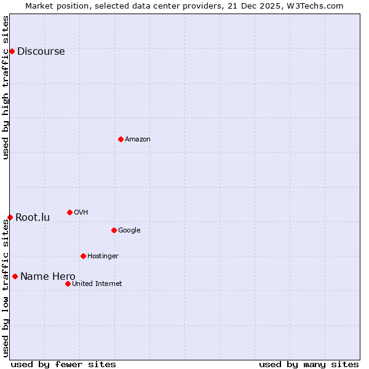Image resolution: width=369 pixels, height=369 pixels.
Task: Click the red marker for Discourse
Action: (12, 51)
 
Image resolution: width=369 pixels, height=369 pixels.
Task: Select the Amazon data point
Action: (121, 139)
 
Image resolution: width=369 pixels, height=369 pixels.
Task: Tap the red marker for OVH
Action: (69, 212)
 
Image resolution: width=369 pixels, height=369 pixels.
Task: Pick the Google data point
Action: (114, 230)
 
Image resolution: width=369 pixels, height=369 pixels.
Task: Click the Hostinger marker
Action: (83, 256)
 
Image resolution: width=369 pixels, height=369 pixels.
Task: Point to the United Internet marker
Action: (68, 284)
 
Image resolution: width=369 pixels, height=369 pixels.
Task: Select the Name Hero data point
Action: (15, 276)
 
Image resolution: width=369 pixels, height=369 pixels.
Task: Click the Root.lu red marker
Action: (10, 217)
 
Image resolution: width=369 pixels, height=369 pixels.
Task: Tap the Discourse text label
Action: (41, 52)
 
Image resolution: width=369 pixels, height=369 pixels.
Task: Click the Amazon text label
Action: (138, 140)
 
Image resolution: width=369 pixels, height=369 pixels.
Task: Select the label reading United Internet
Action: (97, 284)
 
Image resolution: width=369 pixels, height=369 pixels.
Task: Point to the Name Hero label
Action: (47, 277)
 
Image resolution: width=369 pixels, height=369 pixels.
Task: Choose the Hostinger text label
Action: (103, 256)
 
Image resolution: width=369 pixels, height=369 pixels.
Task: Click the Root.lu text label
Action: (33, 218)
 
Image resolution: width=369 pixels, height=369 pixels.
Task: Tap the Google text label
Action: (129, 231)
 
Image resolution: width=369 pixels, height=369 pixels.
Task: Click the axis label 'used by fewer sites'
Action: (63, 364)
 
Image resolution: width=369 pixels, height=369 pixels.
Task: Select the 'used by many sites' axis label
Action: (309, 364)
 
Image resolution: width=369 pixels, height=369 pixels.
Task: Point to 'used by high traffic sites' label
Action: (6, 87)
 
